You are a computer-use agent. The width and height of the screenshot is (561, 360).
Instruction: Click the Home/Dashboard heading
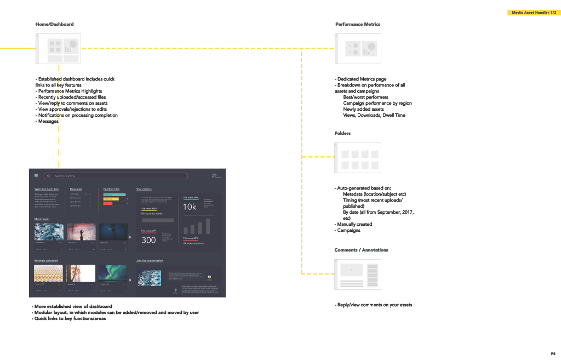click(x=54, y=24)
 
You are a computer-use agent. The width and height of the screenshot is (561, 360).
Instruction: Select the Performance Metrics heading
click(x=357, y=24)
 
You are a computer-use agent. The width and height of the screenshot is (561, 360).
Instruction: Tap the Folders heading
click(x=342, y=133)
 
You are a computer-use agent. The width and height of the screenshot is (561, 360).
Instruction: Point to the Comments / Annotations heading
click(x=361, y=250)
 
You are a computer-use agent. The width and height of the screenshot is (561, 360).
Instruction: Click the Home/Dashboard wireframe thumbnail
click(x=58, y=49)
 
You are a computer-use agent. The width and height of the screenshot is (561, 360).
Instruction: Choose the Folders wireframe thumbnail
click(x=358, y=158)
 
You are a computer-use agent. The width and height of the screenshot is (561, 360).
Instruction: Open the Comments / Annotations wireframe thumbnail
click(x=358, y=275)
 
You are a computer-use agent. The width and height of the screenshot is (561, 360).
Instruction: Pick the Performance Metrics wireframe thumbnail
click(x=358, y=49)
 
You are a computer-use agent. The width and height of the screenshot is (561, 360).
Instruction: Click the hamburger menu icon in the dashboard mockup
click(x=36, y=176)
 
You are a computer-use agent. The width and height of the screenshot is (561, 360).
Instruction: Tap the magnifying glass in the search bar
click(x=49, y=176)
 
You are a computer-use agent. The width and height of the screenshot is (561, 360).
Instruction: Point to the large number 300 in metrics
click(x=148, y=240)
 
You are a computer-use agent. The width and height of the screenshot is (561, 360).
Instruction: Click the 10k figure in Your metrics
click(x=190, y=207)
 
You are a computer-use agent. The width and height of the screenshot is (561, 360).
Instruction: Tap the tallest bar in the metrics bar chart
click(x=208, y=226)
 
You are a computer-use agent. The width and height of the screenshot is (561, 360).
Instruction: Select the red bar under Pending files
click(x=108, y=203)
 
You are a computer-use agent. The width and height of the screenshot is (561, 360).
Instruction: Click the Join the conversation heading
click(x=149, y=261)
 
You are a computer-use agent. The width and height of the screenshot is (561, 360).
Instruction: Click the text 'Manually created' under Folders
click(x=354, y=224)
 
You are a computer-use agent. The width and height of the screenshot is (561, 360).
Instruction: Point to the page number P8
click(x=553, y=353)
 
